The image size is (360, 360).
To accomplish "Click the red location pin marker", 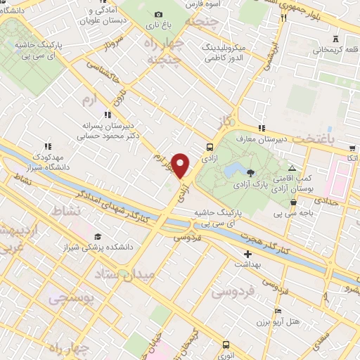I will [181, 165].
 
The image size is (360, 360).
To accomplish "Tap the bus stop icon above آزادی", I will [209, 147].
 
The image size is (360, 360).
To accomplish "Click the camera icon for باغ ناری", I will [157, 14].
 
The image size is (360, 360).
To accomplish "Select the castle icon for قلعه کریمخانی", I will [335, 39].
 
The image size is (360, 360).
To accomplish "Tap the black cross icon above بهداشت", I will [247, 254].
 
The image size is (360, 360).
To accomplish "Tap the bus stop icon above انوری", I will [226, 345].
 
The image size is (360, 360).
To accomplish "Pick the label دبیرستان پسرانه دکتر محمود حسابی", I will [107, 128].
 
